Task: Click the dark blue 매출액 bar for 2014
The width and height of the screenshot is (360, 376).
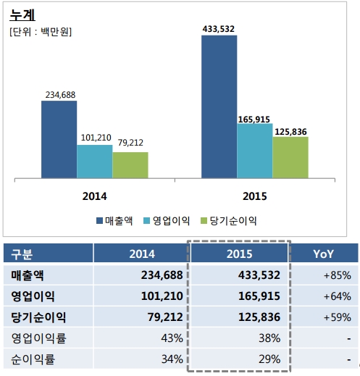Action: point(59,140)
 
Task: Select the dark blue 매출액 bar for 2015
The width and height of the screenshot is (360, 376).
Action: point(219,106)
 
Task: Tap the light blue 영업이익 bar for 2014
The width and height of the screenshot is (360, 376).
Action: point(95,162)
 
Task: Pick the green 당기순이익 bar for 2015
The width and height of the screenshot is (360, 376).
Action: point(290,157)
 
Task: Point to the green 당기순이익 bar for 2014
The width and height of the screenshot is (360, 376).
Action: point(130,165)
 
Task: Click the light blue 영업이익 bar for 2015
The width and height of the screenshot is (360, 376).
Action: point(255,151)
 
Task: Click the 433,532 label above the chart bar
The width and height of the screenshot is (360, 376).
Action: point(219,29)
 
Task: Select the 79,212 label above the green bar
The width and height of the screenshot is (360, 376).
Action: point(130,143)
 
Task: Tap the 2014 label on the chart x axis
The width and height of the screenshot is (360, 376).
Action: point(94,196)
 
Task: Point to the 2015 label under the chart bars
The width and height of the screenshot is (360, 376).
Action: point(255,196)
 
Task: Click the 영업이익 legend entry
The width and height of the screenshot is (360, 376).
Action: point(167,221)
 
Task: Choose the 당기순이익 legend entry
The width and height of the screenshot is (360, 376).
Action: point(229,221)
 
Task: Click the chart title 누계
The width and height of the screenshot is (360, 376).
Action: point(22,14)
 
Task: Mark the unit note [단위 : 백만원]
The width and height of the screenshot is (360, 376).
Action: point(41,32)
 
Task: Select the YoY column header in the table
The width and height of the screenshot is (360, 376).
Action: point(323,254)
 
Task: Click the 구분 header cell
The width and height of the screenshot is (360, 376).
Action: point(22,254)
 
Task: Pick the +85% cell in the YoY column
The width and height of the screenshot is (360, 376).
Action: point(338,275)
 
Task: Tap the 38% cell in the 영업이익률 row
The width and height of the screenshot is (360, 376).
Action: point(269,338)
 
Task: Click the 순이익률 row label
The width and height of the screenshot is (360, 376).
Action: point(33,359)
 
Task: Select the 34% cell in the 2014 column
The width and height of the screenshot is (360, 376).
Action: point(172,359)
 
